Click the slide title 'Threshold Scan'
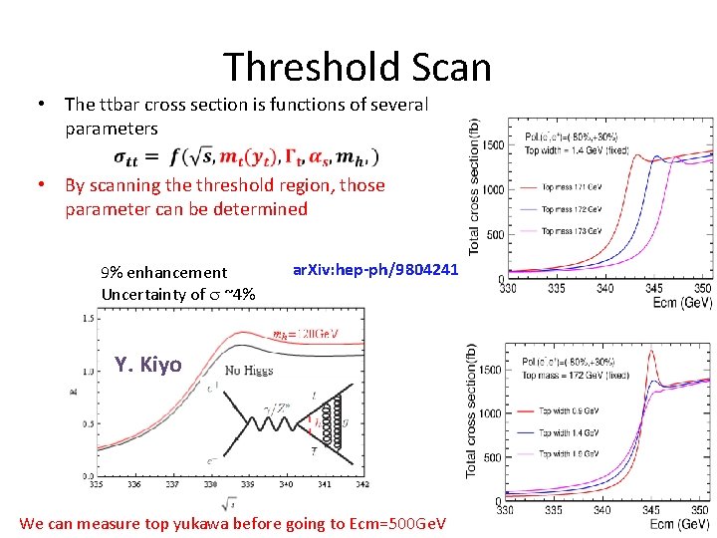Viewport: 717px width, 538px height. pos(358,67)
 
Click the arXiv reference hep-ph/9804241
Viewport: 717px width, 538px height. pos(374,269)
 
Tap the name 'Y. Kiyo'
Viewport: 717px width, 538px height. pos(147,364)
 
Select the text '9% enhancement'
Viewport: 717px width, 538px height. pos(164,272)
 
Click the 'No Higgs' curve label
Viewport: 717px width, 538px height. pos(248,370)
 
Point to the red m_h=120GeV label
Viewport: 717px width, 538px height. pos(305,334)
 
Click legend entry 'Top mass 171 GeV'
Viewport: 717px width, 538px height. pos(572,186)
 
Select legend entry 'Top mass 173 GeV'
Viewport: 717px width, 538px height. pos(572,231)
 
